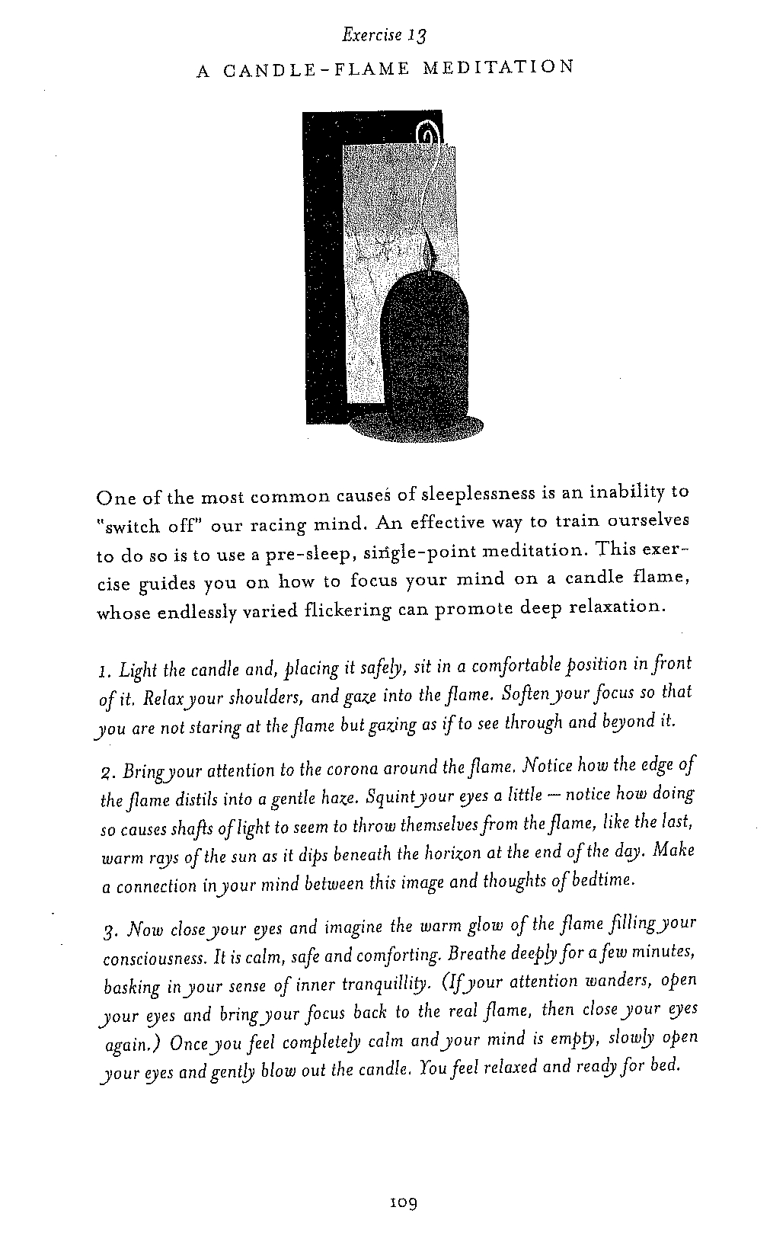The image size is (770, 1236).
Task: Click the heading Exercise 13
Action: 385,35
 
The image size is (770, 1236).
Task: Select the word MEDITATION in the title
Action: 498,68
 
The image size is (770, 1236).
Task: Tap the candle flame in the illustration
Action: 429,248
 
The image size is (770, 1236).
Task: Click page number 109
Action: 401,1203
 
